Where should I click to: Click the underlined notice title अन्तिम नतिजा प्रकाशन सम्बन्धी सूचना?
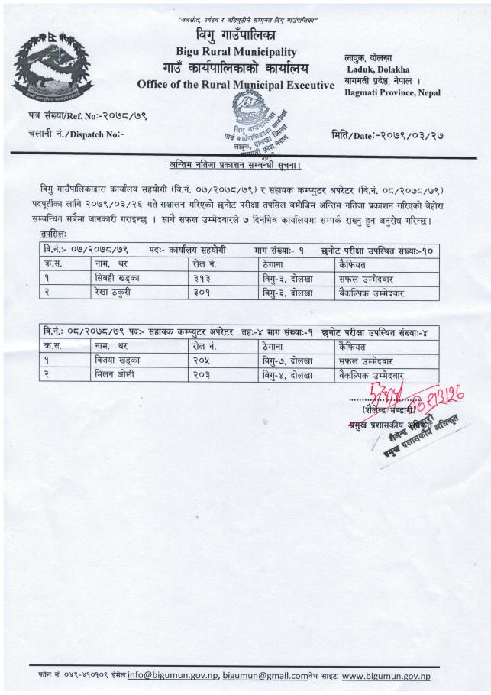244,165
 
